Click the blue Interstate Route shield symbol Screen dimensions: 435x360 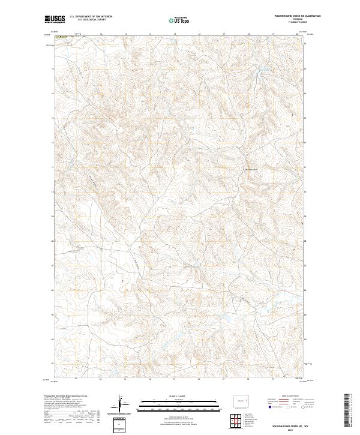click(x=270, y=406)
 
